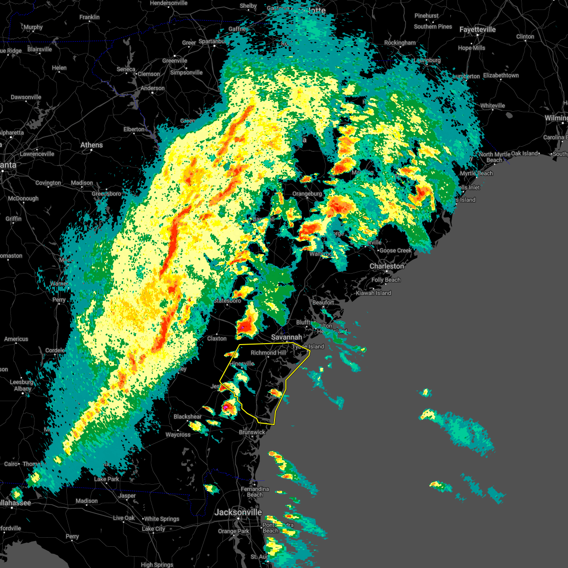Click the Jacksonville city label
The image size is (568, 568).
(x=238, y=512)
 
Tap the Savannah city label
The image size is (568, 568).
(x=286, y=337)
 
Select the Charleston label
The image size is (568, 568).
(x=387, y=266)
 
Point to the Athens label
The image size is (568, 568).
(x=91, y=145)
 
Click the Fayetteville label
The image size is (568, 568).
(x=478, y=29)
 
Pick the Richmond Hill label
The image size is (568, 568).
(x=268, y=353)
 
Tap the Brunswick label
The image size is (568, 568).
(x=252, y=432)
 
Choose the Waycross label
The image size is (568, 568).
(x=178, y=435)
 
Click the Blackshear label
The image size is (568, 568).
(x=187, y=417)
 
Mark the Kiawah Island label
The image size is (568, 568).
(x=373, y=293)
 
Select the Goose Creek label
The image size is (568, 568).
(x=395, y=250)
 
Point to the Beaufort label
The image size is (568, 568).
(x=323, y=302)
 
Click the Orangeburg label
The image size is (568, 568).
(x=307, y=194)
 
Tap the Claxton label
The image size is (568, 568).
(x=217, y=338)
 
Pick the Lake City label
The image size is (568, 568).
(x=153, y=529)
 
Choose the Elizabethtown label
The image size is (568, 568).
(x=501, y=75)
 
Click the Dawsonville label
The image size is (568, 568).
(x=26, y=97)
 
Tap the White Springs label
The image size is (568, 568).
(x=161, y=519)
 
